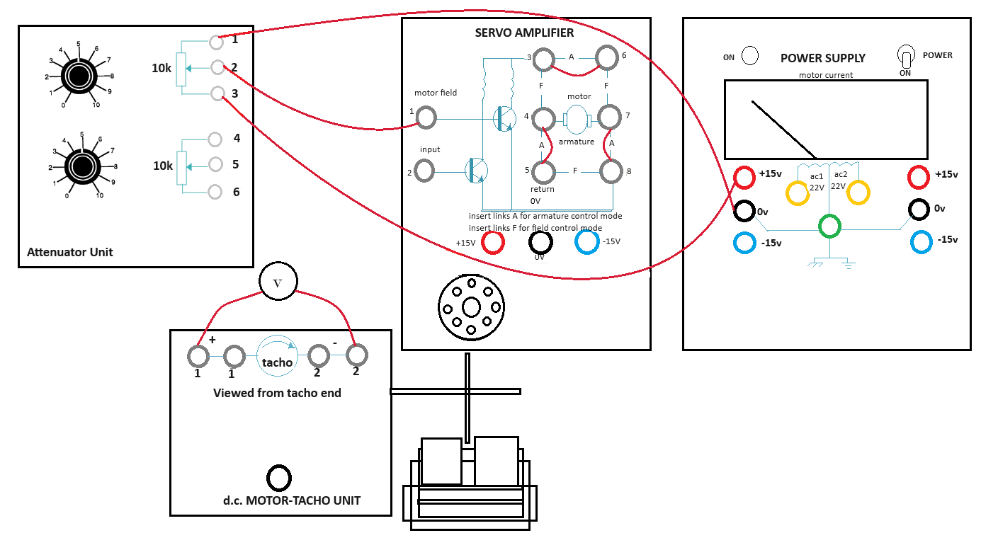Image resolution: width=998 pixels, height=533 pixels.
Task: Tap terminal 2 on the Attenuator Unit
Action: tap(217, 67)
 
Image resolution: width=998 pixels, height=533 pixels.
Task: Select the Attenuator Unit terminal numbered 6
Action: tap(217, 191)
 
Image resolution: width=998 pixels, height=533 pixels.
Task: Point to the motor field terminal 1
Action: tap(426, 117)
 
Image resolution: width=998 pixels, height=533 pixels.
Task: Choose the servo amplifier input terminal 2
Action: tap(424, 170)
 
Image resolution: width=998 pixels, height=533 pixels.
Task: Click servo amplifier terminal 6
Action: tap(606, 57)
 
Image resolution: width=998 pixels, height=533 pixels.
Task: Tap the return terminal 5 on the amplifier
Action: tap(544, 171)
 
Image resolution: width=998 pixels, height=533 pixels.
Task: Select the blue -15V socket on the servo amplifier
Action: tap(587, 241)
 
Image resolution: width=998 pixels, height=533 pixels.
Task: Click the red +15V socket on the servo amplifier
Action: tap(492, 243)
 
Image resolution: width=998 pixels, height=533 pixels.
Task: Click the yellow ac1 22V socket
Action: tap(797, 193)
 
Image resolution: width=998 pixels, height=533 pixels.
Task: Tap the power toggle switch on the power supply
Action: tap(905, 57)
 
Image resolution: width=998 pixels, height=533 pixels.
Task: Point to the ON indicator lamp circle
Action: tap(749, 56)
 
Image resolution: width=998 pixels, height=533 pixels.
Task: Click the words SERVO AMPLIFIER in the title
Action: tap(524, 33)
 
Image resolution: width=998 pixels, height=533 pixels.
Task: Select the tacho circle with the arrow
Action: tap(277, 356)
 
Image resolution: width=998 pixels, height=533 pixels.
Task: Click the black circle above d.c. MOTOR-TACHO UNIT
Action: tap(278, 478)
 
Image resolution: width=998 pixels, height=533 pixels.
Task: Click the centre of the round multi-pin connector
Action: tap(471, 308)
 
